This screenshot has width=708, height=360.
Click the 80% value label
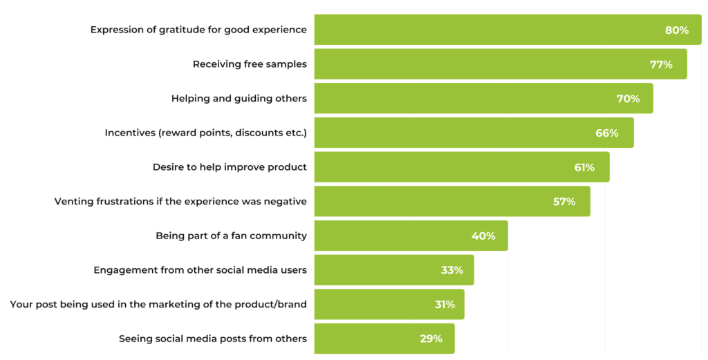tap(677, 30)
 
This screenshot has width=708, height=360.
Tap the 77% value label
tap(661, 64)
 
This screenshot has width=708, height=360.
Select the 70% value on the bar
tap(628, 99)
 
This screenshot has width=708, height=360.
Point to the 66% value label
tap(607, 133)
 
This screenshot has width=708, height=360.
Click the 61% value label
tap(584, 167)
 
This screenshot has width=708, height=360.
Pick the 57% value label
tap(564, 202)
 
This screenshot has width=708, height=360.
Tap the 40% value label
tap(483, 236)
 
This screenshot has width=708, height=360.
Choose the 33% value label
tap(451, 270)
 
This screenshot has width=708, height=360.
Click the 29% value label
tap(431, 339)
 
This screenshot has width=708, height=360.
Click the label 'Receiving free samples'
tap(250, 64)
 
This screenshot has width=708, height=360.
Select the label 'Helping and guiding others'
tap(239, 99)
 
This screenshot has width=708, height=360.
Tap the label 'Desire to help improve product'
tap(230, 167)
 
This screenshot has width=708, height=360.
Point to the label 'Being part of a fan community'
tap(231, 236)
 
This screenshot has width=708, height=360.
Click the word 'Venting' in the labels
tap(74, 202)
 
